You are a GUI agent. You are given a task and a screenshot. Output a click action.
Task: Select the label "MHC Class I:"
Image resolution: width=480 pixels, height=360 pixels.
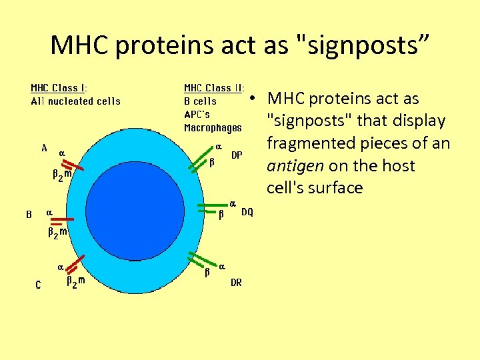tap(59, 88)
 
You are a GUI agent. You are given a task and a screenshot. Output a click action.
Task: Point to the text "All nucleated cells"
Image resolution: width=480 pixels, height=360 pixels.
tap(75, 101)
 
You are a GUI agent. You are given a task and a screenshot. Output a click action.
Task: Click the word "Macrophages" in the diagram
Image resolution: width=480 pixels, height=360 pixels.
tap(213, 127)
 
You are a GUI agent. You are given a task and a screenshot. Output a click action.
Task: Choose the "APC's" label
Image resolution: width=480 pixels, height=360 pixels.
tap(198, 114)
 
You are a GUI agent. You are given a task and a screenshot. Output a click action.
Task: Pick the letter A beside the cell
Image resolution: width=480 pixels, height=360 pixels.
tap(44, 149)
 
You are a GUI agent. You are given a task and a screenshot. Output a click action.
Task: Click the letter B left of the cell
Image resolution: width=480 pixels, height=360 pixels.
tap(29, 215)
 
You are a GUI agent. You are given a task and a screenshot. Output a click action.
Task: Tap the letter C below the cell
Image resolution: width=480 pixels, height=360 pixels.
tap(38, 285)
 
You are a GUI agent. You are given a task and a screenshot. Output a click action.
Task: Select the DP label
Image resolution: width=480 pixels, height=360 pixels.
tap(236, 155)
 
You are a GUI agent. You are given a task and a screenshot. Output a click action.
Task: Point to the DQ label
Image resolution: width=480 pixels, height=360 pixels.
tap(247, 212)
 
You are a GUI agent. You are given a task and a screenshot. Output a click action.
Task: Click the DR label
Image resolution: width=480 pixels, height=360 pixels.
tap(236, 283)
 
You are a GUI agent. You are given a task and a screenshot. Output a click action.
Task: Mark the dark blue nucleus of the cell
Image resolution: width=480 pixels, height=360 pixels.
tap(137, 201)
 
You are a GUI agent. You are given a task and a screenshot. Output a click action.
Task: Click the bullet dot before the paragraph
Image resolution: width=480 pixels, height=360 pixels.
tap(254, 99)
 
